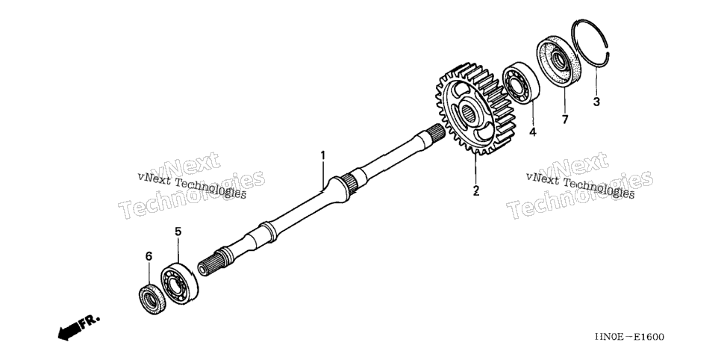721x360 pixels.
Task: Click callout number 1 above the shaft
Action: pos(322,155)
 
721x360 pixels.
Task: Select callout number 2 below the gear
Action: pos(476,190)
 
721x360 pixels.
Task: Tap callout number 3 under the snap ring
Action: pos(596,102)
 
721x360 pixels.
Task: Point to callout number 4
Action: pos(532,132)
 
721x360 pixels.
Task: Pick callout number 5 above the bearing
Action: pos(178,232)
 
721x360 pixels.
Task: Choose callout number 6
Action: pos(149,256)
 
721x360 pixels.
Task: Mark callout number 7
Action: pos(565,120)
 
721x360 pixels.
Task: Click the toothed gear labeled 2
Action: pos(476,108)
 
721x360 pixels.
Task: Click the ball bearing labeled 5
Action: pos(179,283)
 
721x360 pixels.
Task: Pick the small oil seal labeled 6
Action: pos(152,300)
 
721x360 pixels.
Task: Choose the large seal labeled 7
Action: pos(559,60)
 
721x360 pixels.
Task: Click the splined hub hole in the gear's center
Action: pos(468,114)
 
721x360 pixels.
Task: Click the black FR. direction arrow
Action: pos(69,331)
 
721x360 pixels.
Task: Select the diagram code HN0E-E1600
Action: pos(629,337)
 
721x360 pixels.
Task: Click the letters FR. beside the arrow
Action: pos(90,321)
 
